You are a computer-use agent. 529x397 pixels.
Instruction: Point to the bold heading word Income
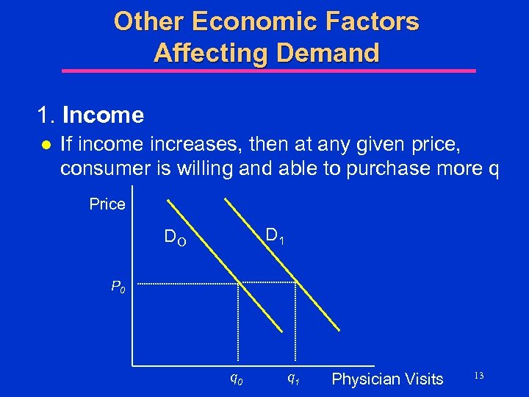click(x=103, y=115)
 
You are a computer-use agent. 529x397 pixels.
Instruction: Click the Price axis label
click(x=107, y=204)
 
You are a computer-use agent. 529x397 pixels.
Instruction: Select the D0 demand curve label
click(x=175, y=237)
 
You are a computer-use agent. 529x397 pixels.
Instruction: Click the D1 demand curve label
click(x=276, y=236)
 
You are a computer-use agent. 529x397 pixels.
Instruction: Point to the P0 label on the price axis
click(x=118, y=286)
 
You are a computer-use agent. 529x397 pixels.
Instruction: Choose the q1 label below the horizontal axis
click(x=292, y=379)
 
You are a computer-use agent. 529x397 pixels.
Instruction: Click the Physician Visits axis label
click(x=387, y=379)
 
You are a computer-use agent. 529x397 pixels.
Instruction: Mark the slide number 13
click(x=478, y=376)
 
